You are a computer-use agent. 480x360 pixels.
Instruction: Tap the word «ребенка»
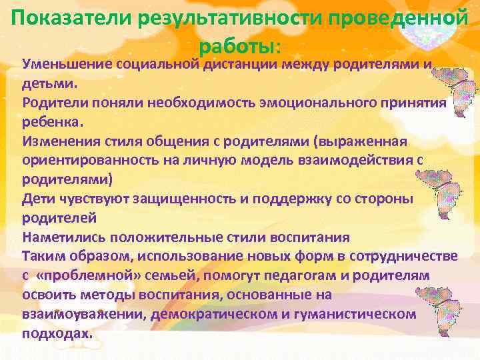point(53,123)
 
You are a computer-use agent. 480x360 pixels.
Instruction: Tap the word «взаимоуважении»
point(84,313)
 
